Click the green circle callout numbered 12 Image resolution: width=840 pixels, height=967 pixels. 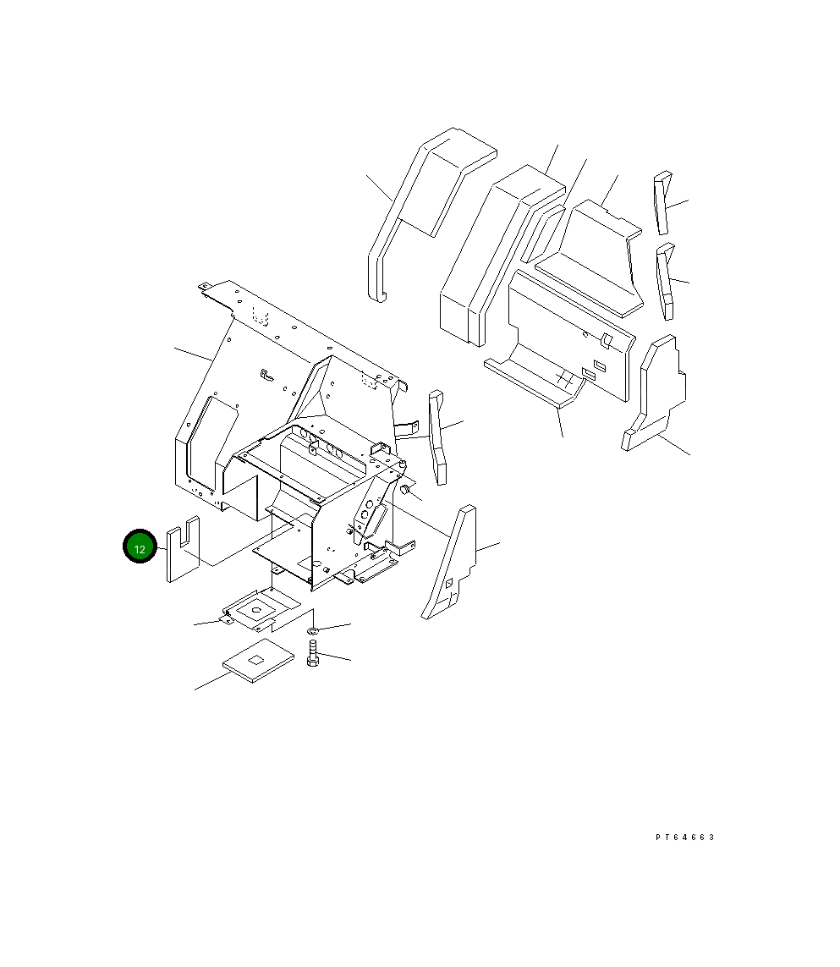coord(140,548)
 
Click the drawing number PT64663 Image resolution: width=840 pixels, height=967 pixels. coord(684,837)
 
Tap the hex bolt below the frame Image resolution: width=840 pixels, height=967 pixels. coord(312,653)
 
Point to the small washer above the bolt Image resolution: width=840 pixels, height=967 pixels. coord(313,630)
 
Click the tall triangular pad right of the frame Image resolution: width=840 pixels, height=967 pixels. coord(452,567)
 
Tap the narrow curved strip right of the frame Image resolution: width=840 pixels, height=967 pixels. coord(438,437)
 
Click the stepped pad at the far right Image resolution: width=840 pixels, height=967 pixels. coord(656,393)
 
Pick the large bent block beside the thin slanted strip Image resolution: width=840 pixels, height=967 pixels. coord(491,254)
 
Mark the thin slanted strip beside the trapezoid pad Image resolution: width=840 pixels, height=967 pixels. coord(541,233)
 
